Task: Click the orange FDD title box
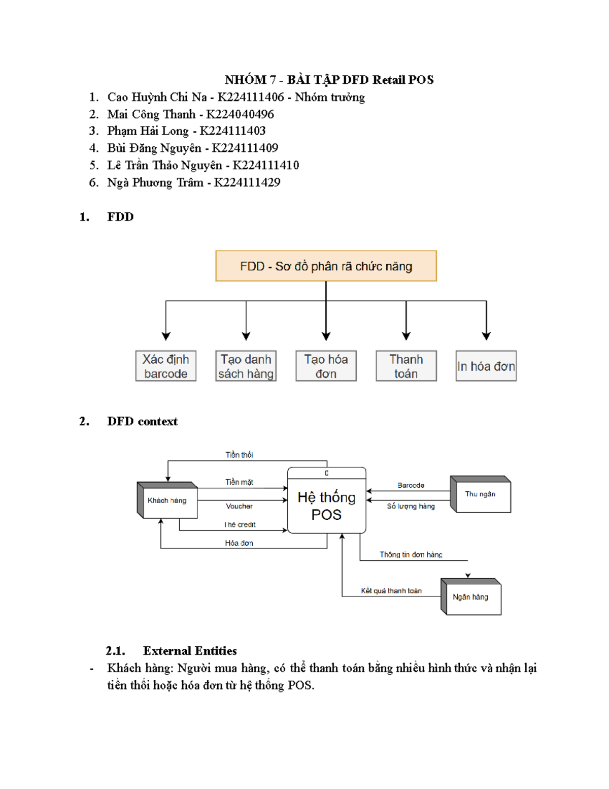(326, 266)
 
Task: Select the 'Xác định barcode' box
(165, 366)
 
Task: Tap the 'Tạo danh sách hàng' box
(246, 366)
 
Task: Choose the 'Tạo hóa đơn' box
(326, 366)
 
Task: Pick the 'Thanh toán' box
(406, 366)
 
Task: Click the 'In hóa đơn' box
(486, 366)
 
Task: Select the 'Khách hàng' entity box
(167, 500)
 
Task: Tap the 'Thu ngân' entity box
(481, 494)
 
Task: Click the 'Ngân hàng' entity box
(471, 597)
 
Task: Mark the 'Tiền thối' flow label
(239, 455)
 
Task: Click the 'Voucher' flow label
(239, 506)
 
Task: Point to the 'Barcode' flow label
(411, 485)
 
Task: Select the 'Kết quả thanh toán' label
(391, 590)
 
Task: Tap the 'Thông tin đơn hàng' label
(411, 554)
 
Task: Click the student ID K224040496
(240, 114)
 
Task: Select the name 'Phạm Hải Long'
(148, 131)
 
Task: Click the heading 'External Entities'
(190, 651)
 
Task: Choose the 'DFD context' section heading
(142, 421)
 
